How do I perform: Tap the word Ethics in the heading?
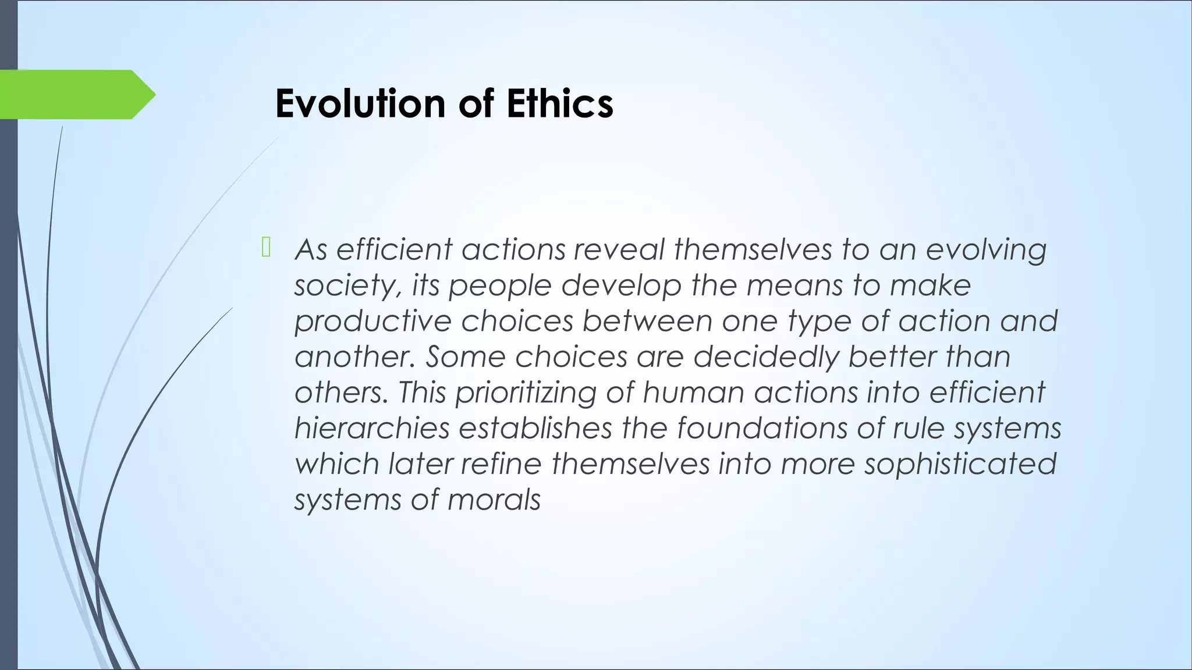[559, 104]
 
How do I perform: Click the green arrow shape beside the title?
[76, 94]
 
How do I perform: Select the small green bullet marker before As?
[266, 247]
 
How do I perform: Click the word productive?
[372, 322]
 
